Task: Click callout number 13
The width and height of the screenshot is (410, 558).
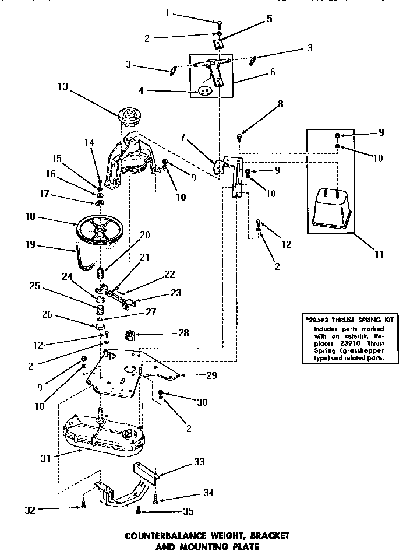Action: click(x=63, y=86)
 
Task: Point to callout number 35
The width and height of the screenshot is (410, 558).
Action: click(x=188, y=512)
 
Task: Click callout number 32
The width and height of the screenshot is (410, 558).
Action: click(x=30, y=510)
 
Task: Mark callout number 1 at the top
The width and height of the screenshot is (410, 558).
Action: click(x=151, y=12)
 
